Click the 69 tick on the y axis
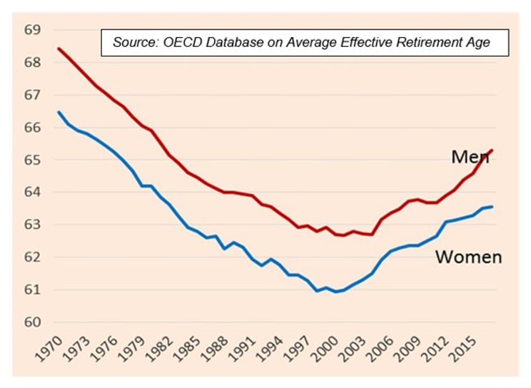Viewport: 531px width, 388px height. pyautogui.click(x=33, y=31)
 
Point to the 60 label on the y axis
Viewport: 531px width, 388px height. pyautogui.click(x=33, y=322)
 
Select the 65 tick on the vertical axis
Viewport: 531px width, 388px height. pyautogui.click(x=33, y=160)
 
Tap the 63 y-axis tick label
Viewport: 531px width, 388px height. pyautogui.click(x=33, y=225)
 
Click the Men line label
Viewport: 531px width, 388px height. pyautogui.click(x=467, y=156)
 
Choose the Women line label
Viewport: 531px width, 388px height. pyautogui.click(x=468, y=257)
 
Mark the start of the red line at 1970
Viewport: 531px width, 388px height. pyautogui.click(x=59, y=48)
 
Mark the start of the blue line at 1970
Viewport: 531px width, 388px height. pyautogui.click(x=59, y=111)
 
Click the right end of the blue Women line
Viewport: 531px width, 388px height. pyautogui.click(x=492, y=206)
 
